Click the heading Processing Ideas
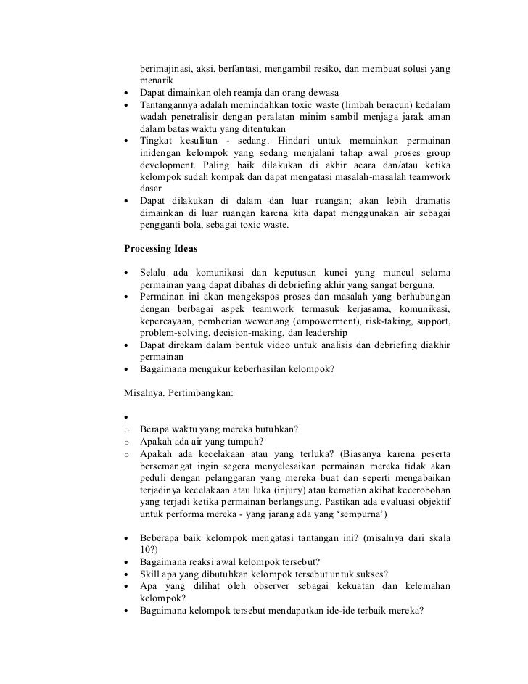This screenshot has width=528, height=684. click(x=160, y=248)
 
